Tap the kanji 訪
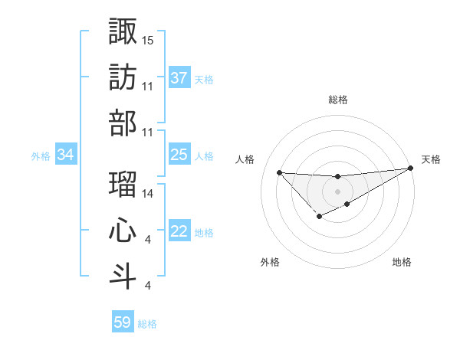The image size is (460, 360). pos(123,77)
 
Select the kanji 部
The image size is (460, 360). pos(123,123)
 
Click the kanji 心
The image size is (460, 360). pos(123,231)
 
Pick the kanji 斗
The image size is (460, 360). pos(123,277)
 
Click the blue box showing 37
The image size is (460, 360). pos(179,77)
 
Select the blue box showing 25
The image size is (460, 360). pos(179,155)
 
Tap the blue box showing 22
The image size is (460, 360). pos(179,232)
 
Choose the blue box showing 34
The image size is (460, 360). pos(65,155)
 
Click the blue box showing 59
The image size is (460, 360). pos(123,322)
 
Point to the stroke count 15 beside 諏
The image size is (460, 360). pos(148,39)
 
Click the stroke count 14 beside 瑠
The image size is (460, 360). pos(148,194)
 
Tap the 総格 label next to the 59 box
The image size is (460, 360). pos(147,324)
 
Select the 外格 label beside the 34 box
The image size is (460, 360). pos(41,156)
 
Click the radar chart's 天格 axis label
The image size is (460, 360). pos(431,159)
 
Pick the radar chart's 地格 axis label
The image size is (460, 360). pos(402,262)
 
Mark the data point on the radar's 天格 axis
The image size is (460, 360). pos(412,169)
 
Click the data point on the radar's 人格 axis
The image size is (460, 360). pos(279,172)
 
